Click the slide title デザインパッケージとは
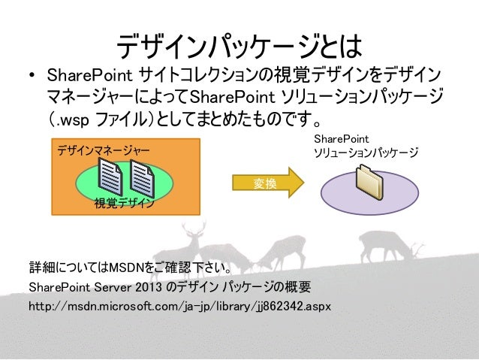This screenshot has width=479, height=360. pyautogui.click(x=239, y=47)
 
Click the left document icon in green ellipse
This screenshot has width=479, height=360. pyautogui.click(x=111, y=181)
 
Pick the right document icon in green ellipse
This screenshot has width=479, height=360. pyautogui.click(x=141, y=181)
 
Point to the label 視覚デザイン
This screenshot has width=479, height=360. pyautogui.click(x=124, y=204)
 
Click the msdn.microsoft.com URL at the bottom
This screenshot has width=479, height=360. pyautogui.click(x=179, y=308)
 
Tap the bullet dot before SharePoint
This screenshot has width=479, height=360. pyautogui.click(x=32, y=77)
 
